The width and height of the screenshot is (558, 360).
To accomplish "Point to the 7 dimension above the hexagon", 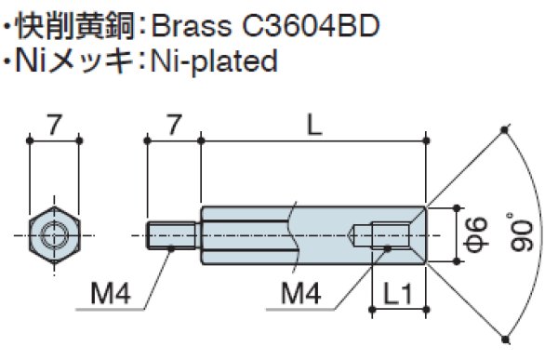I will [55, 122].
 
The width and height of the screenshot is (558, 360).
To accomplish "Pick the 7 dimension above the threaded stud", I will [173, 122].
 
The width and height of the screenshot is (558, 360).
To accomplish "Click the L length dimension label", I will [314, 122].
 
